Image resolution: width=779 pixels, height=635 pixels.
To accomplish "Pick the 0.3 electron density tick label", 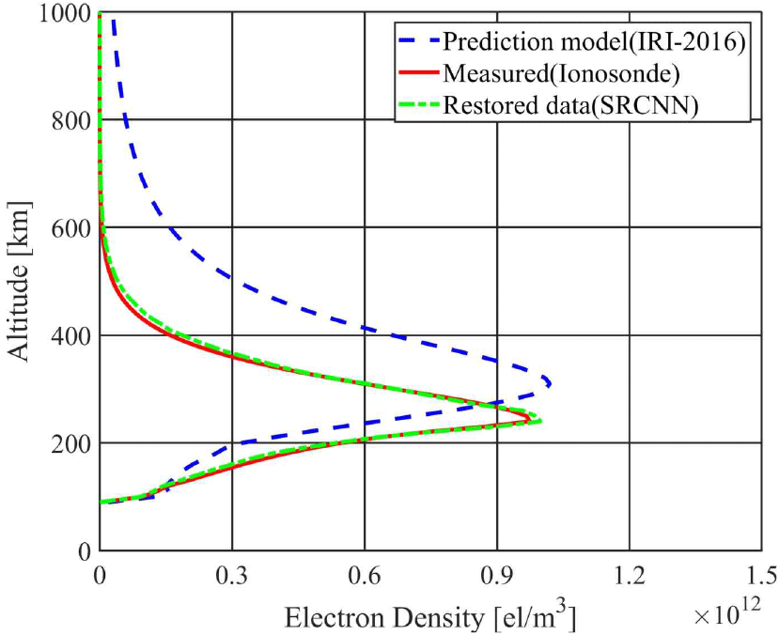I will pos(231,573).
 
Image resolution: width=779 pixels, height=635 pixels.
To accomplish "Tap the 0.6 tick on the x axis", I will pos(364,573).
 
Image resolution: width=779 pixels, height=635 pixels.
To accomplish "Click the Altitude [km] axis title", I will pos(23,281).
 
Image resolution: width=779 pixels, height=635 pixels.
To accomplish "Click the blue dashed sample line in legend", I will pos(417,42).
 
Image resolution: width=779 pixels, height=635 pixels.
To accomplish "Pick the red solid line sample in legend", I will pos(417,73).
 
